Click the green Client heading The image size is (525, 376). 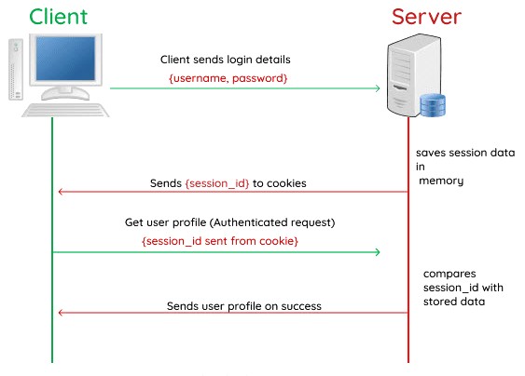click(58, 17)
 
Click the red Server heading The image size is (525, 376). click(426, 17)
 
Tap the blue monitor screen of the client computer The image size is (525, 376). click(65, 59)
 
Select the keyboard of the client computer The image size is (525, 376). click(65, 110)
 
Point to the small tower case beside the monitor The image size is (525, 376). click(16, 70)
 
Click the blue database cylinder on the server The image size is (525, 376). click(433, 105)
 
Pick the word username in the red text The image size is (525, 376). click(200, 78)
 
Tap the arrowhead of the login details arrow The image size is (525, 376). click(378, 88)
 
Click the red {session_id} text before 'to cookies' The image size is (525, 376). click(217, 183)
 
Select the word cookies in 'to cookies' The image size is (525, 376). click(286, 183)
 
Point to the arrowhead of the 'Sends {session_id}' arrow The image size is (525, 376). click(61, 192)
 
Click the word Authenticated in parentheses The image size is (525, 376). click(249, 222)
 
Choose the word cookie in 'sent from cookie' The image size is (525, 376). click(277, 241)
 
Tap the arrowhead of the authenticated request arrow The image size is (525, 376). click(378, 252)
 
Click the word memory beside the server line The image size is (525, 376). click(441, 181)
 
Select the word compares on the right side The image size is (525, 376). click(449, 274)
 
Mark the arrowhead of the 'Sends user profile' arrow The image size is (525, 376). click(61, 313)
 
